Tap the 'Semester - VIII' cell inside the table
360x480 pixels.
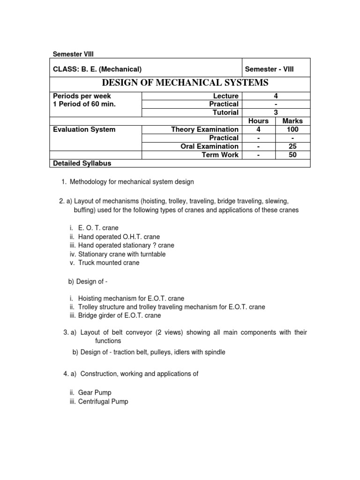pos(270,69)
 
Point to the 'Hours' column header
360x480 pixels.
pos(258,121)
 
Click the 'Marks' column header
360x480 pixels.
pos(293,121)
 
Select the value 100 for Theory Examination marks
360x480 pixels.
pos(293,129)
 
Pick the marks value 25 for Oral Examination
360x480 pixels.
pos(293,146)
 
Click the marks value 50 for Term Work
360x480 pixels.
pos(293,155)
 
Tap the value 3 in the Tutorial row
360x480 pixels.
pos(276,112)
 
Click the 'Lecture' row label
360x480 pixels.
pos(225,96)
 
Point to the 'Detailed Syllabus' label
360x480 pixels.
pos(79,163)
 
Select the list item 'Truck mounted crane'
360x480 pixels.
pos(108,262)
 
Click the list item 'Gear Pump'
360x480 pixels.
pos(95,392)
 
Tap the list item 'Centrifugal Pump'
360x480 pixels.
pos(103,401)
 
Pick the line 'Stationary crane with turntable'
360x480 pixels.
pos(121,254)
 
